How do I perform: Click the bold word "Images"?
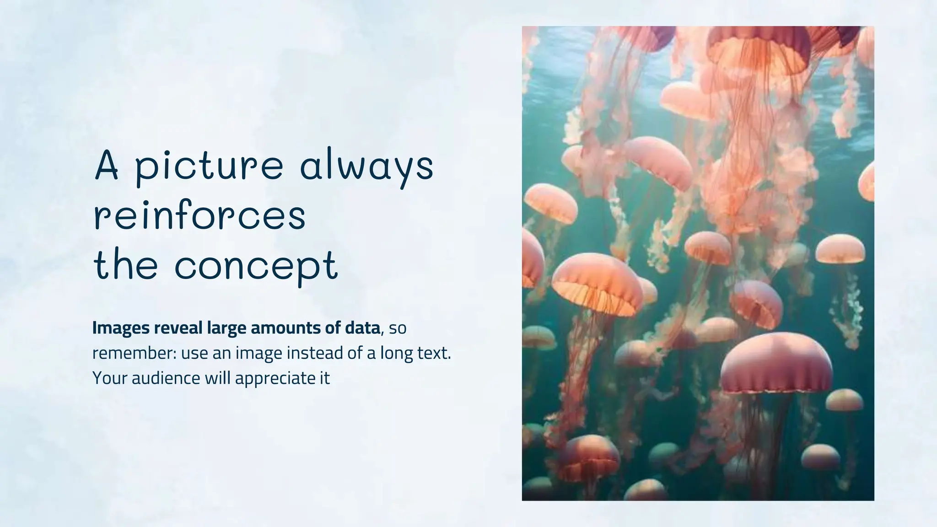pyautogui.click(x=121, y=328)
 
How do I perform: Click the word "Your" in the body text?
pyautogui.click(x=110, y=378)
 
